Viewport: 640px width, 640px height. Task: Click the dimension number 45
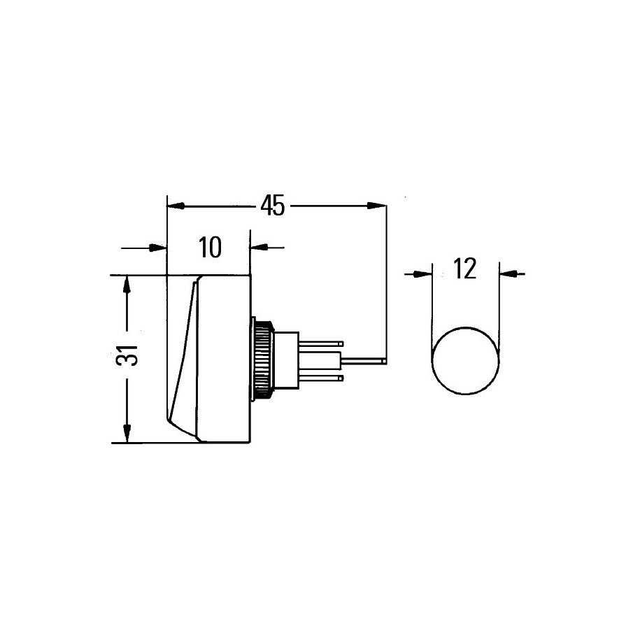point(273,206)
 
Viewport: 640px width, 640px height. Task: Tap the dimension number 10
point(211,247)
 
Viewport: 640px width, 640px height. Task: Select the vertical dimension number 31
point(127,355)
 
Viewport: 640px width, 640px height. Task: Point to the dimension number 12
point(465,269)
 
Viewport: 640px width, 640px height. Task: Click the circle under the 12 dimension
point(465,360)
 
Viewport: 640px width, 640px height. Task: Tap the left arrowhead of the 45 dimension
point(176,206)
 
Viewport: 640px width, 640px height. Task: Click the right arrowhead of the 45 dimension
point(376,206)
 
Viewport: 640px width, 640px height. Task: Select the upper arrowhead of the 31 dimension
point(127,285)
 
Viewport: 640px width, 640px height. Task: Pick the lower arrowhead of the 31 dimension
point(127,434)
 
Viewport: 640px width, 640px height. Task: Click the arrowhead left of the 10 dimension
point(158,248)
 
